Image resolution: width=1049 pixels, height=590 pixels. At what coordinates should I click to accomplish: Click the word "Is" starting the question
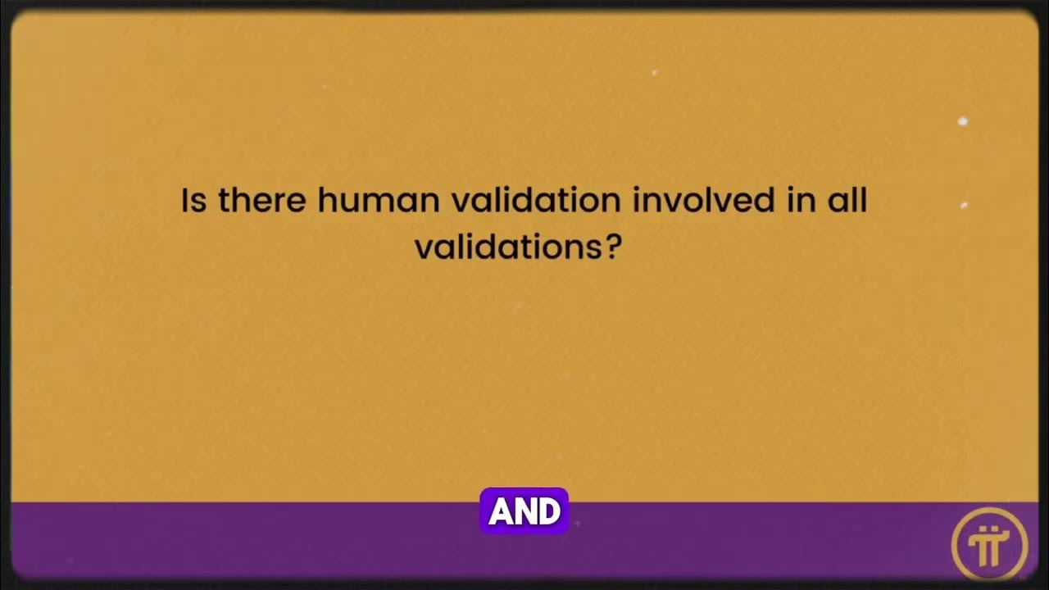193,201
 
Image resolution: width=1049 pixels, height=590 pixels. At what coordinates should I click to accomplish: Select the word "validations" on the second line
510,247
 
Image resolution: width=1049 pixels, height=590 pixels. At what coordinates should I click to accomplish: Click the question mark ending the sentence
615,247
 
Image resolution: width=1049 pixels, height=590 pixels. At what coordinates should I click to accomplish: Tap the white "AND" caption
524,512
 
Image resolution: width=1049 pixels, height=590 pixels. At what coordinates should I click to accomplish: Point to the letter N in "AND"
524,512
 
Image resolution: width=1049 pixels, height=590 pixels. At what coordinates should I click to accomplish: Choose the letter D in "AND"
549,512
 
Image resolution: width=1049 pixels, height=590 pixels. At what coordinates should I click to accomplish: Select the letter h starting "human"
325,201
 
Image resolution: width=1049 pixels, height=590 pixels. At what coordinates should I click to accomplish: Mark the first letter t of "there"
222,201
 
